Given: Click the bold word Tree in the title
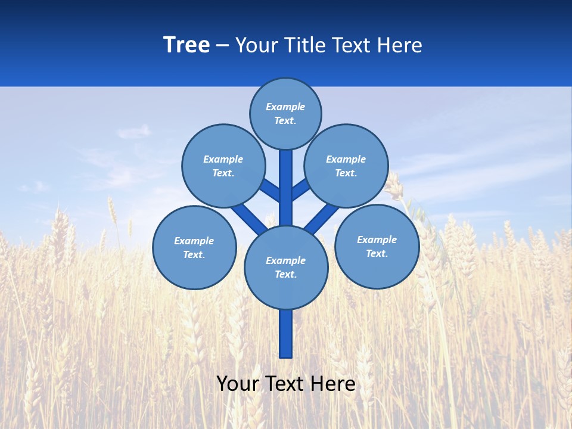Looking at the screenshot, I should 186,45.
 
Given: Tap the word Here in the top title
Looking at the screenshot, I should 400,45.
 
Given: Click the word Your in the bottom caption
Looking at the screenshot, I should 238,384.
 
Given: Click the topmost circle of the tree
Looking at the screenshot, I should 285,113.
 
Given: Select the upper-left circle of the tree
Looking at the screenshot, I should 223,166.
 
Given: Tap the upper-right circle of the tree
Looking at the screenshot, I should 346,166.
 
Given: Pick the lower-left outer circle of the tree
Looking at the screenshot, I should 194,247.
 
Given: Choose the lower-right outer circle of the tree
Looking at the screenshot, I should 377,246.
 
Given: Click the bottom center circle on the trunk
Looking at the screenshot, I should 286,268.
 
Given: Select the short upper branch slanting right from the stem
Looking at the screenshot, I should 300,189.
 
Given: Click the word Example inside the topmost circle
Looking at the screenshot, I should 285,107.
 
